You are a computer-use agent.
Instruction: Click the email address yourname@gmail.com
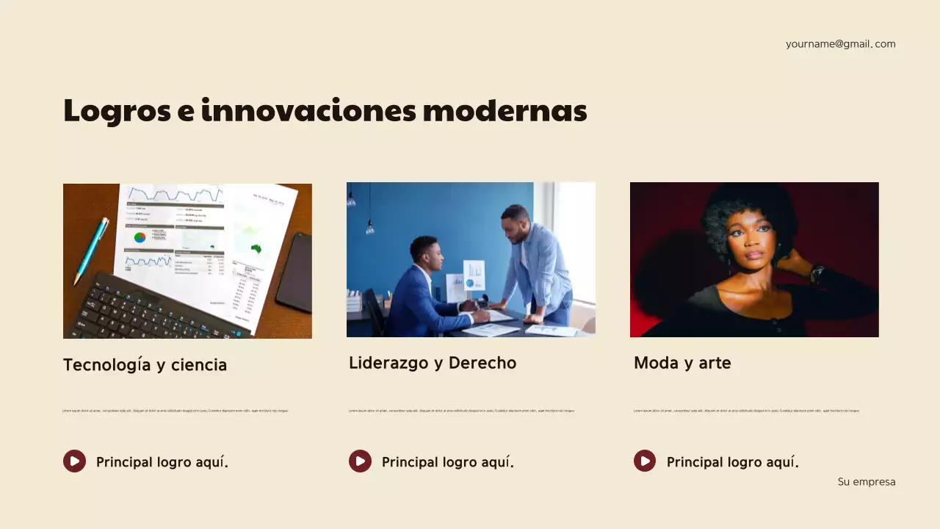click(x=840, y=44)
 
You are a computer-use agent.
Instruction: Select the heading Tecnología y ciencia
click(x=145, y=365)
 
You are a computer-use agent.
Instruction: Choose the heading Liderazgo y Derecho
click(x=432, y=363)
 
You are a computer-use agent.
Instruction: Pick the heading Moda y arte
click(x=682, y=363)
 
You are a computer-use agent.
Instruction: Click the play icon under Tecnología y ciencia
click(x=74, y=461)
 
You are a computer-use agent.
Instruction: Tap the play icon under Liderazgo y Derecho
click(x=360, y=461)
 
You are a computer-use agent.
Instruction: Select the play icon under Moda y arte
click(x=645, y=461)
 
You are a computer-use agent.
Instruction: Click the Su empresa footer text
click(x=867, y=482)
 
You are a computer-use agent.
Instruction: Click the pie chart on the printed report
click(x=140, y=237)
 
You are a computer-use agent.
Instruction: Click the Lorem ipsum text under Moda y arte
click(x=746, y=411)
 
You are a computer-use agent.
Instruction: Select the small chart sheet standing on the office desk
click(x=474, y=276)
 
